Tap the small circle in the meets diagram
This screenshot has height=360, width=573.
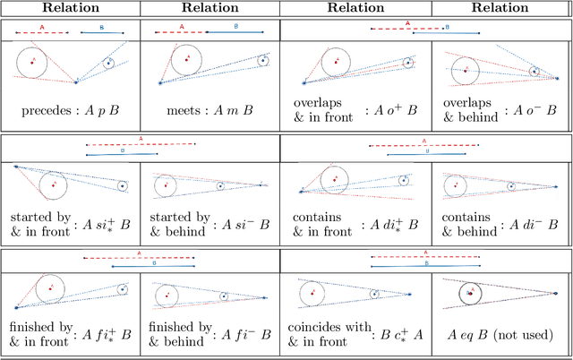(263, 61)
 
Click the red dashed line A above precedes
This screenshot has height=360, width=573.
(43, 32)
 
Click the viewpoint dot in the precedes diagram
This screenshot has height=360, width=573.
(76, 82)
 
